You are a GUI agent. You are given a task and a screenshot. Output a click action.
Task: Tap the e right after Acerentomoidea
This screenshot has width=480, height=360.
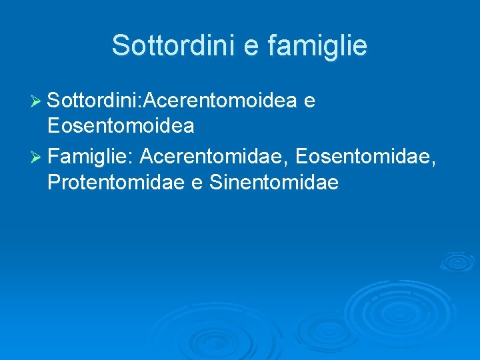[x=309, y=101]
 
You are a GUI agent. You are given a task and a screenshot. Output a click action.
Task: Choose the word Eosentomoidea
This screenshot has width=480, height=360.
[x=121, y=125]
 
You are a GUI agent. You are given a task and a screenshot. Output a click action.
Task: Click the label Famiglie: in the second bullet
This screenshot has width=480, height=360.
[x=91, y=157]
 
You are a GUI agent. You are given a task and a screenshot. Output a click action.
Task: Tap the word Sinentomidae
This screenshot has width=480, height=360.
[x=274, y=181]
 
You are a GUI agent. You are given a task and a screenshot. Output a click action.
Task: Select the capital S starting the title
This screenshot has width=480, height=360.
[x=120, y=45]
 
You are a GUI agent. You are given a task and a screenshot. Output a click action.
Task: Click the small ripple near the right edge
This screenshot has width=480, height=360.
[x=458, y=261]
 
